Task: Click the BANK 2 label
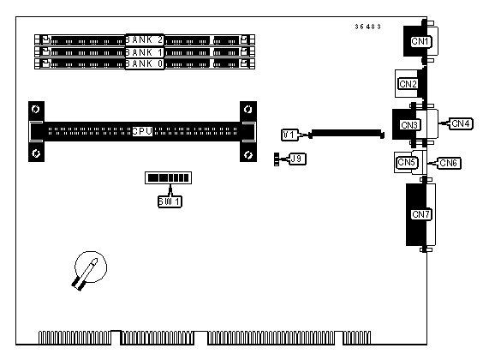(x=145, y=39)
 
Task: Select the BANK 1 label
(x=145, y=52)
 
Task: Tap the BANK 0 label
(x=145, y=63)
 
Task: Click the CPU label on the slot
(x=142, y=132)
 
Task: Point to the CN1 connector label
(x=420, y=41)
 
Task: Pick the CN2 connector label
(x=408, y=84)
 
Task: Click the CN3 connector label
(x=409, y=125)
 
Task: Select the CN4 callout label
(x=461, y=123)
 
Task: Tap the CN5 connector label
(x=406, y=162)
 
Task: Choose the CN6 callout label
(x=449, y=163)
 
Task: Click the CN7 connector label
(x=421, y=214)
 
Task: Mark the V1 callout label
(x=289, y=135)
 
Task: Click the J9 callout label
(x=297, y=159)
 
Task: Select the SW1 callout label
(x=170, y=201)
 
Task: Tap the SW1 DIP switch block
(x=168, y=177)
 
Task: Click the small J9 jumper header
(x=277, y=159)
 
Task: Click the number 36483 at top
(x=367, y=27)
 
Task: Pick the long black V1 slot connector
(x=346, y=134)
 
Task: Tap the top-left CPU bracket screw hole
(x=36, y=109)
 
